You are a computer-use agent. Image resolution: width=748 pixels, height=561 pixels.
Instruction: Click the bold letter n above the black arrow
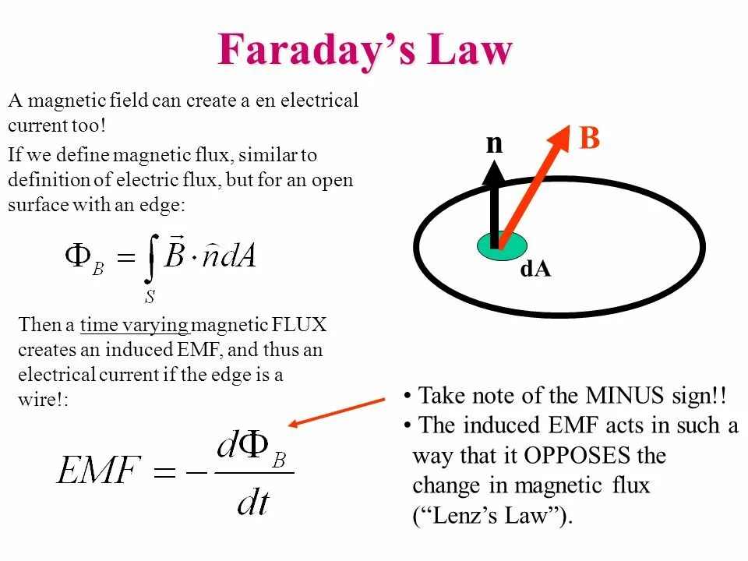pyautogui.click(x=495, y=143)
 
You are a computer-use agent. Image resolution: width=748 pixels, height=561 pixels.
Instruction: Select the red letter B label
pyautogui.click(x=589, y=139)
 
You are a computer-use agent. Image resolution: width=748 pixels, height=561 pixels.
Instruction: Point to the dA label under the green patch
pyautogui.click(x=535, y=270)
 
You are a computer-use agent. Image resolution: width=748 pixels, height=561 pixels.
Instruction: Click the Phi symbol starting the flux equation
pyautogui.click(x=78, y=255)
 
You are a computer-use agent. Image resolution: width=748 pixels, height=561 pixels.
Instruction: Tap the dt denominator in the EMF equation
pyautogui.click(x=253, y=502)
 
